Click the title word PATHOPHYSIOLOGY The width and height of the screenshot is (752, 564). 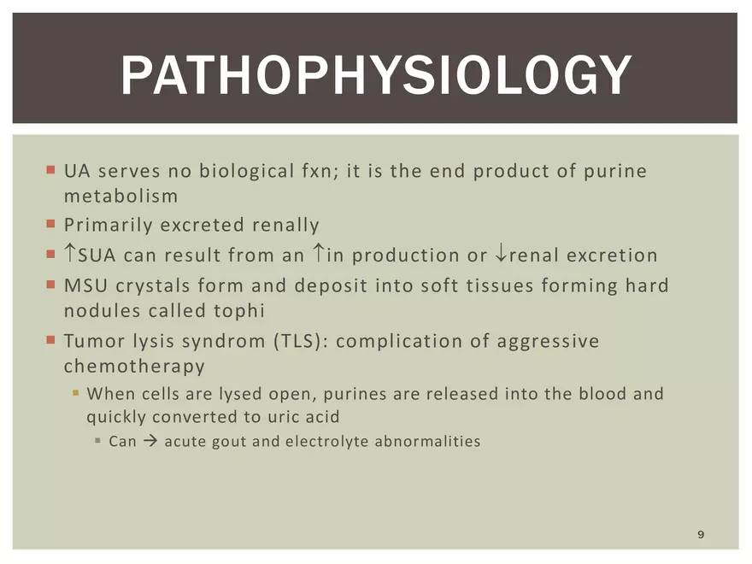376,75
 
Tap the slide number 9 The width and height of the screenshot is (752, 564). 701,534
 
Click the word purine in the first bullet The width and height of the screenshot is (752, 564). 615,172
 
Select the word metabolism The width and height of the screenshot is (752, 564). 120,196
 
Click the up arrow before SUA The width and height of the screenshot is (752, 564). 70,253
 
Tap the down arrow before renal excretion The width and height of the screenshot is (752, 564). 501,253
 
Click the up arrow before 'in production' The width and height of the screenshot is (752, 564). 318,253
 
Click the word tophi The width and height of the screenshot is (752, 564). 239,311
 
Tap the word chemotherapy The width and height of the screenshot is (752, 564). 134,367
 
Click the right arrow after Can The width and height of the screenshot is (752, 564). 150,441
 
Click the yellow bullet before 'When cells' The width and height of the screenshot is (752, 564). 76,393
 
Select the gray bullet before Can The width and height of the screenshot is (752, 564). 97,440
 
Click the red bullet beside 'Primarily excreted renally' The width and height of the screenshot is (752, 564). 50,224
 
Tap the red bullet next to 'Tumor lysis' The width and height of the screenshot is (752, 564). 50,340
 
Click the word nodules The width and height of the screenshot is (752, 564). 103,311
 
